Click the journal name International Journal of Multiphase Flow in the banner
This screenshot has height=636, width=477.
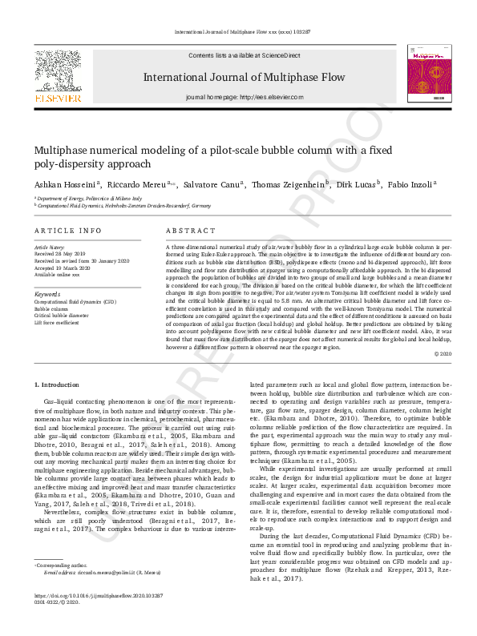pyautogui.click(x=244, y=78)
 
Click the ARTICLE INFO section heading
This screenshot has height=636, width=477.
pyautogui.click(x=67, y=231)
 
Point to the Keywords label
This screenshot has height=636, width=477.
pyautogui.click(x=47, y=294)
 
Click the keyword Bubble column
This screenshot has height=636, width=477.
pyautogui.click(x=51, y=308)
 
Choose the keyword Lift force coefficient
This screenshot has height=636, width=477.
pyautogui.click(x=56, y=322)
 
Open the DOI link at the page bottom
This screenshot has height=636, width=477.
pyautogui.click(x=99, y=618)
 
